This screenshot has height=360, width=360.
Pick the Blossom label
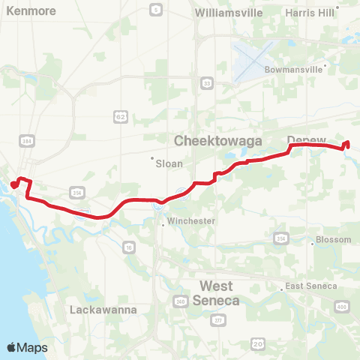334,240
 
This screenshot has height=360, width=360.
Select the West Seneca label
216,293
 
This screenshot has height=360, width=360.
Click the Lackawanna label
96,309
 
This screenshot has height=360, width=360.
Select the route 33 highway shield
205,85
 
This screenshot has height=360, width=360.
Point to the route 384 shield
27,140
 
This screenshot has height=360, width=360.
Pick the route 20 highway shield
257,343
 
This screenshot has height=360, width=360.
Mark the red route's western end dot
13,184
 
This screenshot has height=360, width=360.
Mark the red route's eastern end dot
346,144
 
